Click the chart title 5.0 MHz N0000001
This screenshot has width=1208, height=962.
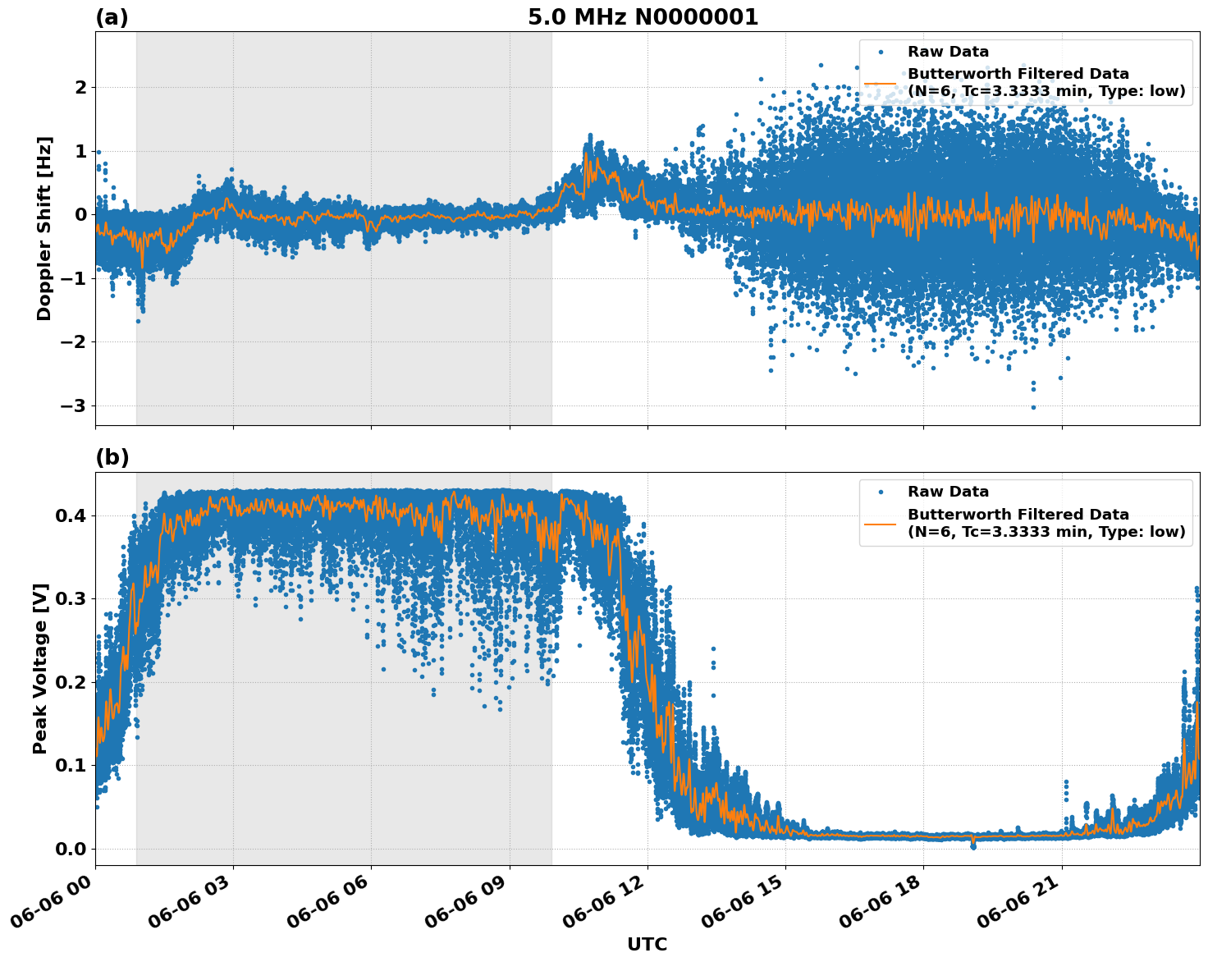coord(643,17)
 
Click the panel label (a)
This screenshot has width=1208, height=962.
coord(112,17)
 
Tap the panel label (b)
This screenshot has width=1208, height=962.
coord(112,458)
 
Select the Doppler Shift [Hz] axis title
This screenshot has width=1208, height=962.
coord(44,228)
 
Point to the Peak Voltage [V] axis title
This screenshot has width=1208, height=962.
coord(40,668)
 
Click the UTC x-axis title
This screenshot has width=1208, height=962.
coord(647,944)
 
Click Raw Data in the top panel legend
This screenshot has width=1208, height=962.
coord(948,52)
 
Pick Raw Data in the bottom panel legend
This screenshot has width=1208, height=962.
coord(948,492)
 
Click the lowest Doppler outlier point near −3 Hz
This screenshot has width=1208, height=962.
coord(1033,407)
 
